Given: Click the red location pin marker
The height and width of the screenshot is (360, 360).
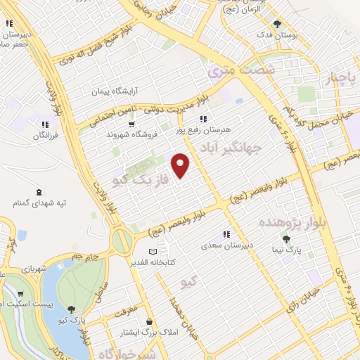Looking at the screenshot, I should pos(181,166).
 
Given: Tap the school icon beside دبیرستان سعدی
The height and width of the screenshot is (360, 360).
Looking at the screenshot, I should pos(226,234).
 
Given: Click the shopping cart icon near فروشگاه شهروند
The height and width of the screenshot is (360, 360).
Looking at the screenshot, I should pos(131,124).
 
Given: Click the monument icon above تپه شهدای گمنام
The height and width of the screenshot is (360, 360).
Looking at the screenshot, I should pos(38,192).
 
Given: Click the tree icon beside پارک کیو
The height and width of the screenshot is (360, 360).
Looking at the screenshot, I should pos(72,307).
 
